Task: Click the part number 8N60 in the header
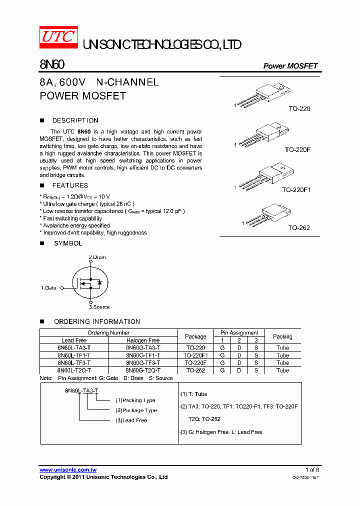(x=52, y=65)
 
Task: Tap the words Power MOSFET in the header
(x=290, y=66)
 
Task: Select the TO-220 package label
(x=299, y=108)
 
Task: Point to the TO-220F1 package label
(x=296, y=190)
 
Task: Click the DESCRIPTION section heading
(x=75, y=120)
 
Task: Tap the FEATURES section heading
(x=70, y=185)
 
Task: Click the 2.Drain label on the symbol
(x=97, y=257)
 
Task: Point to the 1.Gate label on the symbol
(x=48, y=288)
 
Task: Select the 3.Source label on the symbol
(x=99, y=307)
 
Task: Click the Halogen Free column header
(x=143, y=340)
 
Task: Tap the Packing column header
(x=282, y=336)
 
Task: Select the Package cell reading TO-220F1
(x=195, y=355)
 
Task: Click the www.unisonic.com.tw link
(x=68, y=470)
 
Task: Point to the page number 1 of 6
(x=312, y=470)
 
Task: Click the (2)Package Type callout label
(x=136, y=410)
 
